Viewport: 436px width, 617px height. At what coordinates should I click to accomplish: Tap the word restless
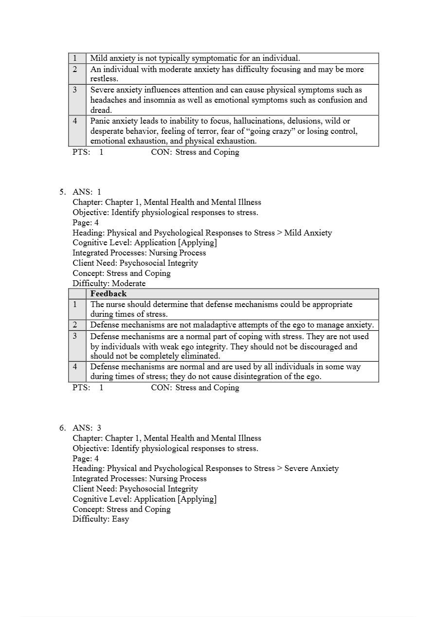tap(104, 79)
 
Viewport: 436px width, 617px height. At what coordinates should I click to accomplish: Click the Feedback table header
tap(109, 293)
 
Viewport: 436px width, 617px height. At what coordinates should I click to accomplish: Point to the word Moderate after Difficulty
tap(128, 283)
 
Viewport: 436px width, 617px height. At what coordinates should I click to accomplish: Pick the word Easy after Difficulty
tap(120, 519)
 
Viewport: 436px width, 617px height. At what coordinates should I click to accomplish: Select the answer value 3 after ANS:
tap(99, 428)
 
